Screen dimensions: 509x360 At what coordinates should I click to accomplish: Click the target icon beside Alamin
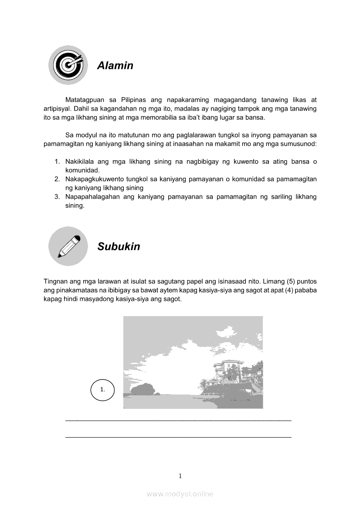click(x=68, y=65)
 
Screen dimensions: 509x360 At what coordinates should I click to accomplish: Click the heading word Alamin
click(x=115, y=66)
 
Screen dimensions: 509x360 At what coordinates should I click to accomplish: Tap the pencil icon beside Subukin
click(x=68, y=246)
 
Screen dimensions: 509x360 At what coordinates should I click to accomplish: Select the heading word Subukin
click(x=119, y=246)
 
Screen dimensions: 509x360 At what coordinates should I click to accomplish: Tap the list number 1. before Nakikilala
click(x=57, y=162)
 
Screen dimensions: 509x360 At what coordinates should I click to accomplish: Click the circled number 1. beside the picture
click(x=102, y=390)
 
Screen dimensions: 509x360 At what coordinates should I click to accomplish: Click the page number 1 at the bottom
click(x=180, y=476)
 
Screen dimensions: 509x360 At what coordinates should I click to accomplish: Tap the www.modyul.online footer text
click(x=180, y=494)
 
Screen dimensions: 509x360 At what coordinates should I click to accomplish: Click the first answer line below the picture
click(x=178, y=420)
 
